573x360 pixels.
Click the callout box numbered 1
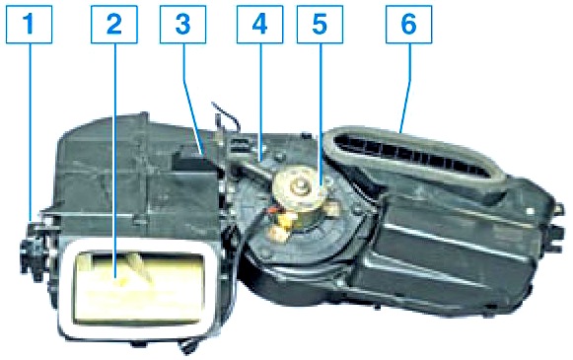(30, 25)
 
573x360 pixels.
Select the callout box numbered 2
(114, 25)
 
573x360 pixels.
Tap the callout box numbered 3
(183, 25)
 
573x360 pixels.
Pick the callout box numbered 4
(259, 25)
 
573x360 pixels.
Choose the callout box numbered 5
(321, 25)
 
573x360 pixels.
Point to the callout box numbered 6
(409, 25)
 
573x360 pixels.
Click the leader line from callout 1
(30, 132)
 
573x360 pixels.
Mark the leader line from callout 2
(114, 162)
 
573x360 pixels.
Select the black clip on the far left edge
(33, 252)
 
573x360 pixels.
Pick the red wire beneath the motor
(272, 210)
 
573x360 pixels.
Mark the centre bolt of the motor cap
(299, 187)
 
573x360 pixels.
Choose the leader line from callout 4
(261, 103)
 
